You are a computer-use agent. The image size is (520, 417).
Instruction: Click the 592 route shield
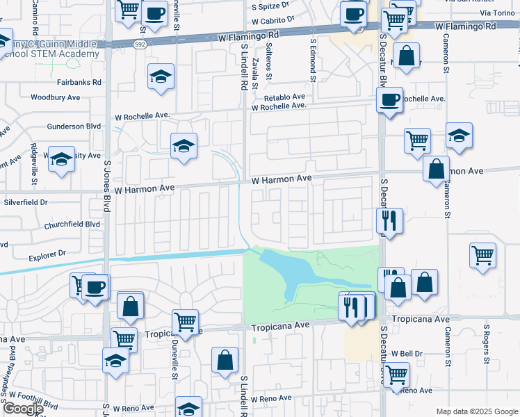[139, 44]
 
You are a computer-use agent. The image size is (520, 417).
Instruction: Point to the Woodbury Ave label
[56, 98]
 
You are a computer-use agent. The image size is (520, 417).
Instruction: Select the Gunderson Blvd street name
[74, 126]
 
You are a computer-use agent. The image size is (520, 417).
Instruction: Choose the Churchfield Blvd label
[72, 224]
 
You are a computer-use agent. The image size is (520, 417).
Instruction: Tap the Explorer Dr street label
[47, 256]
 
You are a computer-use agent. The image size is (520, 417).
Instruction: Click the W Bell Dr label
[407, 353]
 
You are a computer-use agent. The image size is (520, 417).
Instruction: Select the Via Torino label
[496, 13]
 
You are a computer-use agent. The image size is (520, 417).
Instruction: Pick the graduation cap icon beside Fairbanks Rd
[161, 77]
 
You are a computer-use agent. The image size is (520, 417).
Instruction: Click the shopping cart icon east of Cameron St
[482, 254]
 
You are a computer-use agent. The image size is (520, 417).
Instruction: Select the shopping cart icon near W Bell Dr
[396, 375]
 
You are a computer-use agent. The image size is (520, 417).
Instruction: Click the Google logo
[22, 409]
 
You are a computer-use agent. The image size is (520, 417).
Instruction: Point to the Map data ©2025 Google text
[476, 411]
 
